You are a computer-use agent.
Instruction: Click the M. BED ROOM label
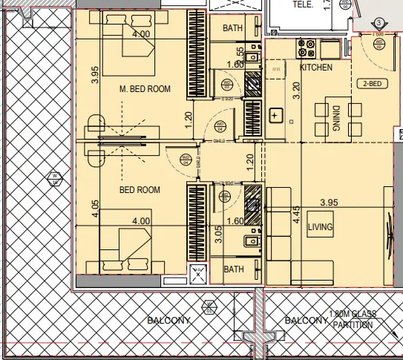click(145, 89)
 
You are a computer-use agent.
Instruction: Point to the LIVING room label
click(320, 226)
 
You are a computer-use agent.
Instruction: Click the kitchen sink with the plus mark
click(275, 116)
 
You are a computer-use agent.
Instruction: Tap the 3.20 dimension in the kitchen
click(297, 91)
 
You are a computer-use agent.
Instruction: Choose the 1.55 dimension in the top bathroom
click(240, 55)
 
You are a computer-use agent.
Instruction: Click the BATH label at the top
click(234, 27)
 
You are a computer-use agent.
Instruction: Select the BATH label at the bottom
click(234, 269)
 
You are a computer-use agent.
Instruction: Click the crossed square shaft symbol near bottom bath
click(197, 273)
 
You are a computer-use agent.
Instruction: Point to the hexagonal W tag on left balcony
click(54, 178)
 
